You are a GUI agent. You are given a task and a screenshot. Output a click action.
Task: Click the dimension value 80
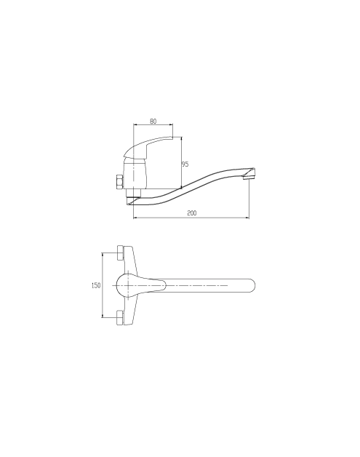153,121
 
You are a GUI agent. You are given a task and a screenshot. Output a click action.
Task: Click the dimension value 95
185,164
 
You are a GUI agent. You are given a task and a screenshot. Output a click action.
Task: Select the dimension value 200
192,213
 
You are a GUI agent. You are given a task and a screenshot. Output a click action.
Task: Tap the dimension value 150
96,285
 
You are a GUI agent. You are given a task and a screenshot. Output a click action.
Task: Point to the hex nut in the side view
119,182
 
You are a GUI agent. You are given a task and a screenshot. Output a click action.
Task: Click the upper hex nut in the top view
120,253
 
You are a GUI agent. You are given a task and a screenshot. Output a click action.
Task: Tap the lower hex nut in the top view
120,318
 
